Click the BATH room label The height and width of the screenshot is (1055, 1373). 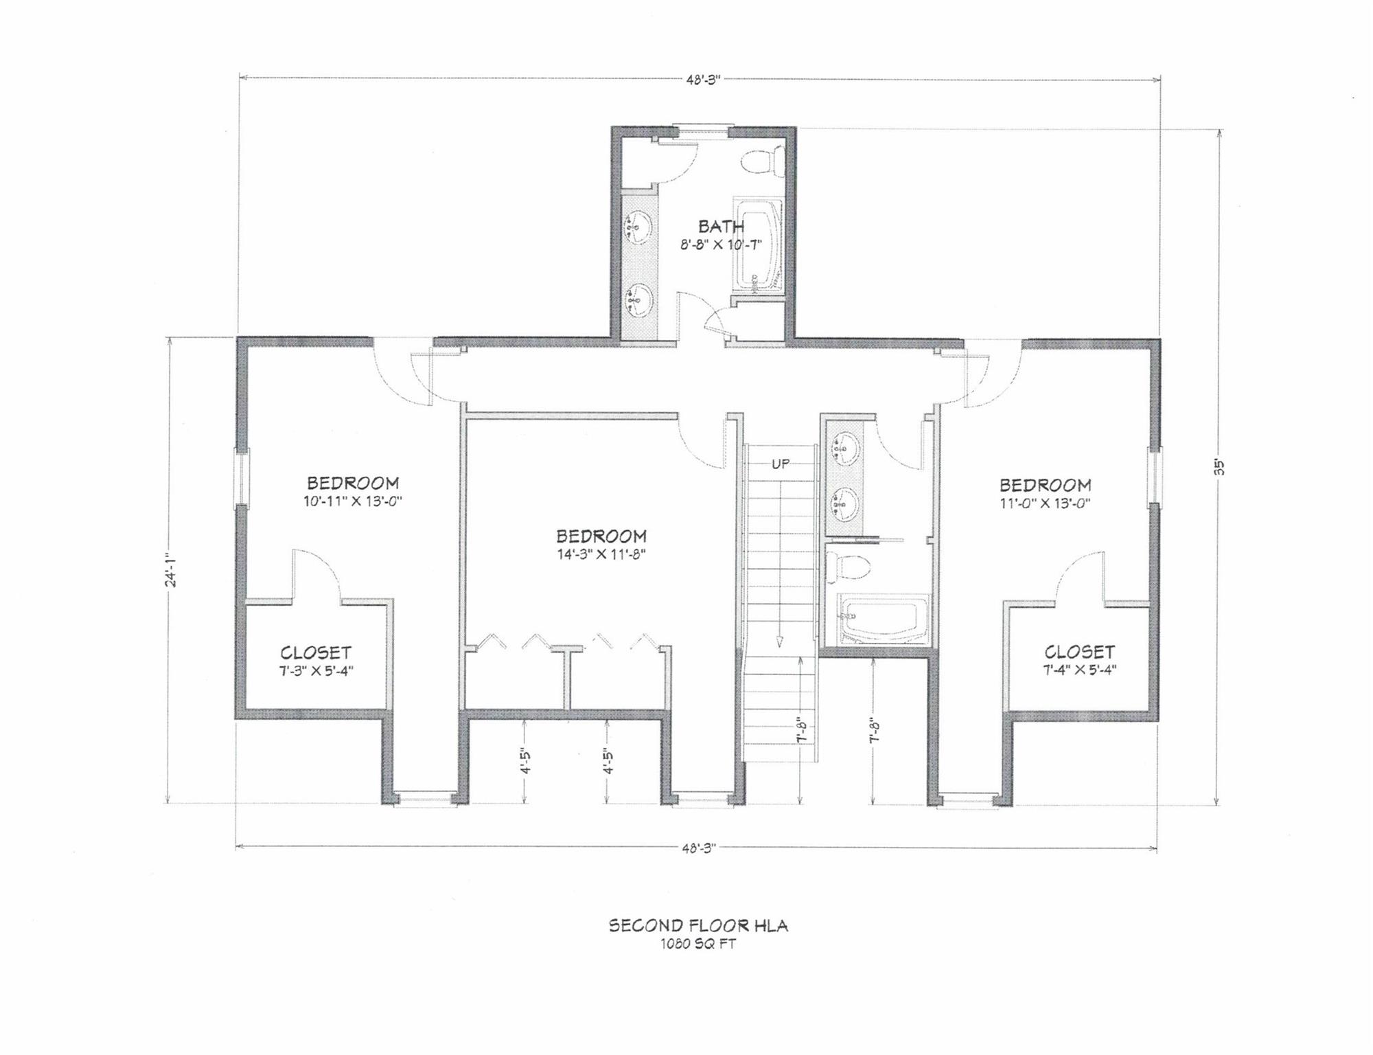[x=721, y=226]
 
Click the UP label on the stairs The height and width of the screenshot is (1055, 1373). [x=781, y=464]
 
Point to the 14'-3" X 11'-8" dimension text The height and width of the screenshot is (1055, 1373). [x=601, y=554]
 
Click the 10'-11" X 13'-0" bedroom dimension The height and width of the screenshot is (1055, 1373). [x=353, y=501]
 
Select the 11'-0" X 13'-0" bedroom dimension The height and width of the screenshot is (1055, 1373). [x=1045, y=503]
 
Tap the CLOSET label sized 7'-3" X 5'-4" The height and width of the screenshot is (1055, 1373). [x=316, y=653]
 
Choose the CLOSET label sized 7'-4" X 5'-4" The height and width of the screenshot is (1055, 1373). [x=1080, y=651]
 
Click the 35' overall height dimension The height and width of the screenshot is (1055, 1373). [x=1219, y=466]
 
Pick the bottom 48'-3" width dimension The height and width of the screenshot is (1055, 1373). [x=699, y=848]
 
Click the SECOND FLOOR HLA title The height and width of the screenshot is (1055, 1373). [x=698, y=926]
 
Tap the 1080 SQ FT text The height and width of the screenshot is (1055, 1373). [x=698, y=944]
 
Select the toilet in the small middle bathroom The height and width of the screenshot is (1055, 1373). [x=849, y=567]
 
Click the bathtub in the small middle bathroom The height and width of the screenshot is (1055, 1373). [x=883, y=622]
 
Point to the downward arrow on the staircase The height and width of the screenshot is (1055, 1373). [x=780, y=639]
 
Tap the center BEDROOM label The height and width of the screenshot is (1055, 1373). [x=601, y=536]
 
